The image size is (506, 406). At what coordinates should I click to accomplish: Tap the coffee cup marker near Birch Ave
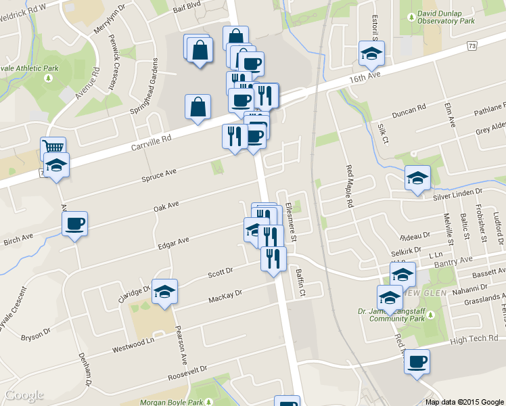click(74, 223)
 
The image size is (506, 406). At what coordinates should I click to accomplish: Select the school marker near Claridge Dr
click(164, 291)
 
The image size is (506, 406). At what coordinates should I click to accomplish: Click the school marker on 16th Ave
click(370, 53)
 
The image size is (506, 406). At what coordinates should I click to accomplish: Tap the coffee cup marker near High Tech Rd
click(417, 361)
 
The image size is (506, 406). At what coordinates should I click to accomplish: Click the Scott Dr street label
click(220, 272)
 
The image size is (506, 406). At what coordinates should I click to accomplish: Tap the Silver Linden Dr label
click(465, 194)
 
